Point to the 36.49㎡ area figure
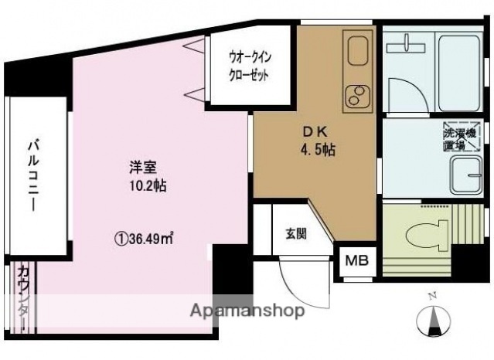click(145, 239)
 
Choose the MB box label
click(357, 261)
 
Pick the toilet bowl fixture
click(426, 229)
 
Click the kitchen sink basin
click(358, 52)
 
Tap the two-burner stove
click(358, 97)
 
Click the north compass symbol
click(434, 320)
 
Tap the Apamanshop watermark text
click(250, 311)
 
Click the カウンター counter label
click(23, 301)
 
